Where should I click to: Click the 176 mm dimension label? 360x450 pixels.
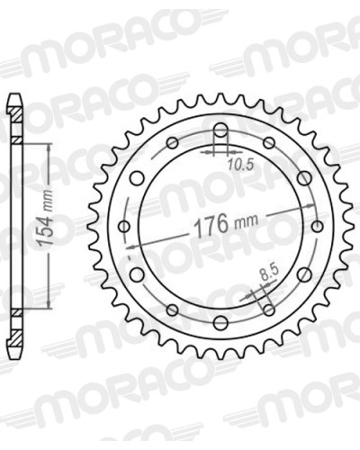point(226,223)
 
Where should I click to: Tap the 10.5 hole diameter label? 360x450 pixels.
point(240,165)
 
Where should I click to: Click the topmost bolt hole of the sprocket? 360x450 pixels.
point(220,130)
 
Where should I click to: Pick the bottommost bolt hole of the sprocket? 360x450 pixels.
point(220,322)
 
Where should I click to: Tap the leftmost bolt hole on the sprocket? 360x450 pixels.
point(124,226)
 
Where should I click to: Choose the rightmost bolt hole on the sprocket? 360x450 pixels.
point(317,226)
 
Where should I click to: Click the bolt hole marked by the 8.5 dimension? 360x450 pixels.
point(269,310)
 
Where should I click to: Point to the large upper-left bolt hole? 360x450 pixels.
point(138,178)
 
